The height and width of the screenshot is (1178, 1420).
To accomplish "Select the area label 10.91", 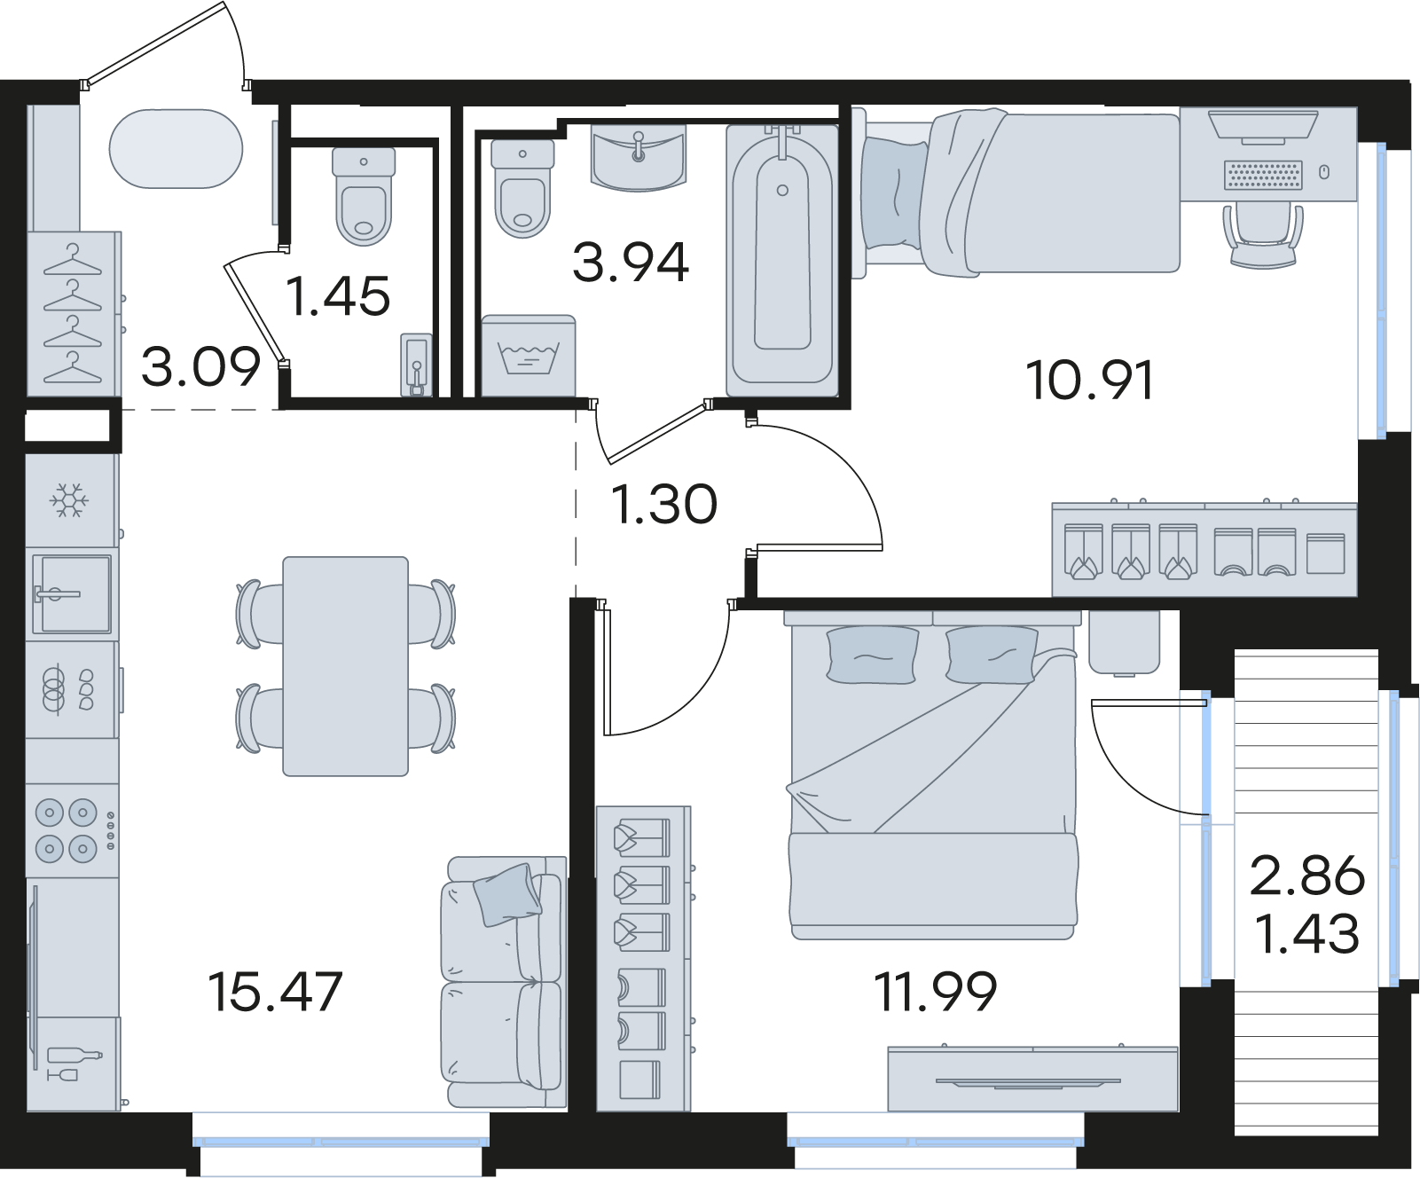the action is pyautogui.click(x=1090, y=381).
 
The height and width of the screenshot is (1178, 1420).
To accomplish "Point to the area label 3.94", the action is pyautogui.click(x=631, y=263).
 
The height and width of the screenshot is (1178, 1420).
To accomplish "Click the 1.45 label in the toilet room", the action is pyautogui.click(x=338, y=296).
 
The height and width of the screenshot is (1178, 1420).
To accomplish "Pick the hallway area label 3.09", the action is pyautogui.click(x=201, y=366).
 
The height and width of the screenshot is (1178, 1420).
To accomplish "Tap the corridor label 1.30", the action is pyautogui.click(x=664, y=504).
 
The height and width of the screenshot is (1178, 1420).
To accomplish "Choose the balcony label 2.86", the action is pyautogui.click(x=1307, y=876).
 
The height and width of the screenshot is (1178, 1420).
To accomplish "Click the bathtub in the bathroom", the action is pyautogui.click(x=782, y=259).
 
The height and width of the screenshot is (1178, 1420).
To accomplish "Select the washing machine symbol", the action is pyautogui.click(x=528, y=356).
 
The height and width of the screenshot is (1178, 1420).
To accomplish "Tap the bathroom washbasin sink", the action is pyautogui.click(x=639, y=158).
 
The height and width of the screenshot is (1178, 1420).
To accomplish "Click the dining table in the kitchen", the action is pyautogui.click(x=346, y=666).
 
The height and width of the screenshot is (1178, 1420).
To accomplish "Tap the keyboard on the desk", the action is pyautogui.click(x=1264, y=175).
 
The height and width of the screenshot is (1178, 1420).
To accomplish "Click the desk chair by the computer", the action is pyautogui.click(x=1264, y=234).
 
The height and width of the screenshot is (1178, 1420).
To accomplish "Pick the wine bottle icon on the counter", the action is pyautogui.click(x=75, y=1056).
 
